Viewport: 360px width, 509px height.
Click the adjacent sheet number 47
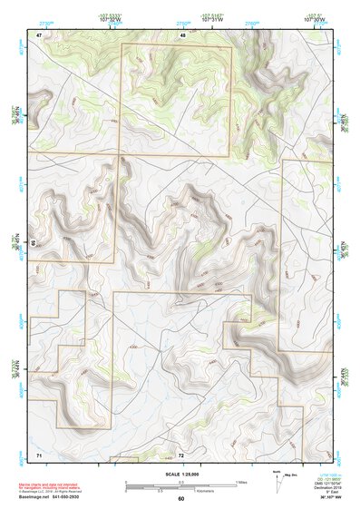pyautogui.click(x=39, y=34)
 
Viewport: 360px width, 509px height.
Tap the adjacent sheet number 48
pyautogui.click(x=183, y=34)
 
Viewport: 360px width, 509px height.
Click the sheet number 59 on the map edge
pyautogui.click(x=33, y=243)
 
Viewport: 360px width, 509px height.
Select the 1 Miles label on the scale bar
pyautogui.click(x=239, y=482)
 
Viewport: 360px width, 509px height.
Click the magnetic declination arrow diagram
pyautogui.click(x=277, y=481)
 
